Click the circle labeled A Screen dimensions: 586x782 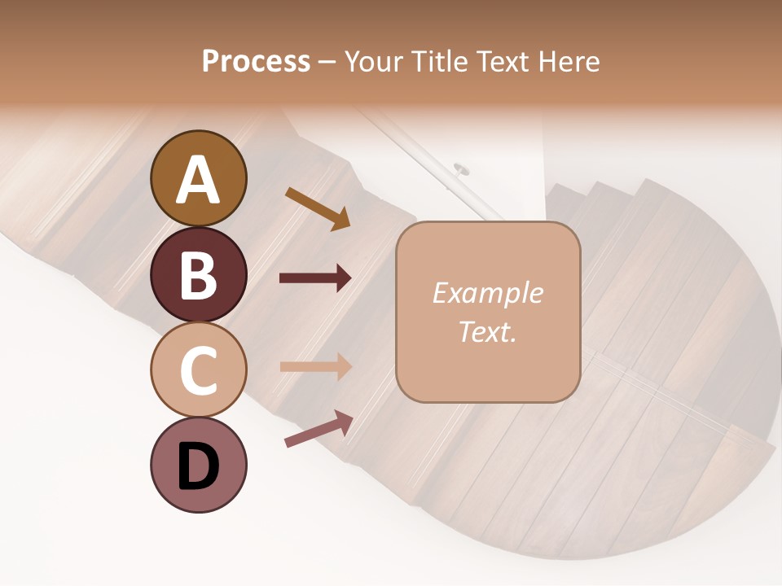pyautogui.click(x=198, y=179)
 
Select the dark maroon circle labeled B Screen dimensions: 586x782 pyautogui.click(x=198, y=274)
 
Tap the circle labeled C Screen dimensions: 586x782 pyautogui.click(x=198, y=370)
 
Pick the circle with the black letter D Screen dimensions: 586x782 pyautogui.click(x=198, y=465)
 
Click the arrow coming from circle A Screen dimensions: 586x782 pyautogui.click(x=318, y=208)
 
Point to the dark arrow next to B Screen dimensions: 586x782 pyautogui.click(x=315, y=278)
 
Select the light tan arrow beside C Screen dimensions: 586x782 pyautogui.click(x=315, y=366)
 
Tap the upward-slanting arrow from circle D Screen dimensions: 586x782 pyautogui.click(x=319, y=429)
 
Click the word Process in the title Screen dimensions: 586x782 pyautogui.click(x=256, y=61)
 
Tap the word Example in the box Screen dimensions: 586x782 pyautogui.click(x=487, y=293)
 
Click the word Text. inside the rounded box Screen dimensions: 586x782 pyautogui.click(x=487, y=332)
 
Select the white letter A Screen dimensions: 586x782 pyautogui.click(x=198, y=179)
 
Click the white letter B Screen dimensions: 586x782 pyautogui.click(x=198, y=274)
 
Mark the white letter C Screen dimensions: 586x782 pyautogui.click(x=198, y=370)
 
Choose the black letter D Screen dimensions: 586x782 pyautogui.click(x=198, y=465)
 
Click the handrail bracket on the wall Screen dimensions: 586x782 pyautogui.click(x=461, y=169)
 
